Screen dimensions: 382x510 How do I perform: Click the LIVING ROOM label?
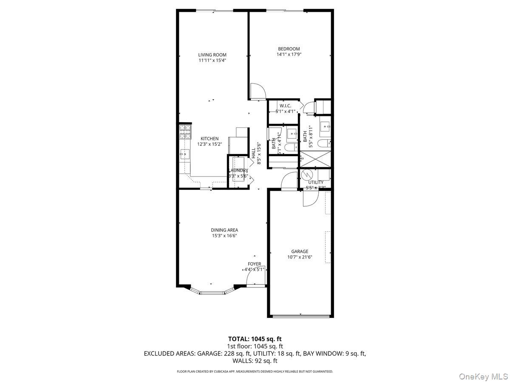212,55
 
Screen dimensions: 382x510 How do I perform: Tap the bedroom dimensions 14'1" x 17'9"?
289,54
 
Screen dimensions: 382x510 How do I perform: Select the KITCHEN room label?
210,139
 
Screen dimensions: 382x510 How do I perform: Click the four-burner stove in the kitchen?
185,132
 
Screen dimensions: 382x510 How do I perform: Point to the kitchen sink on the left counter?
184,154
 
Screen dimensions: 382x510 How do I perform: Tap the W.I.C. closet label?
285,106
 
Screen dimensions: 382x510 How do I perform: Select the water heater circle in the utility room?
307,175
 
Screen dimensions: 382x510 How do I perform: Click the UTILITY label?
316,182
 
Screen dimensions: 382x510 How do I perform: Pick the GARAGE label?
300,251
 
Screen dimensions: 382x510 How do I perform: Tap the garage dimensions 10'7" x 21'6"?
300,257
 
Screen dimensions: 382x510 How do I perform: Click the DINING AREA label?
224,230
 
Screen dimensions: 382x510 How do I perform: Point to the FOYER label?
254,264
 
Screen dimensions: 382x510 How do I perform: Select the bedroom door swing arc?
258,91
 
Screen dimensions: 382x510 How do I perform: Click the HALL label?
253,153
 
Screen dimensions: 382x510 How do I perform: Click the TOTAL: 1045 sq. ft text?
255,339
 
